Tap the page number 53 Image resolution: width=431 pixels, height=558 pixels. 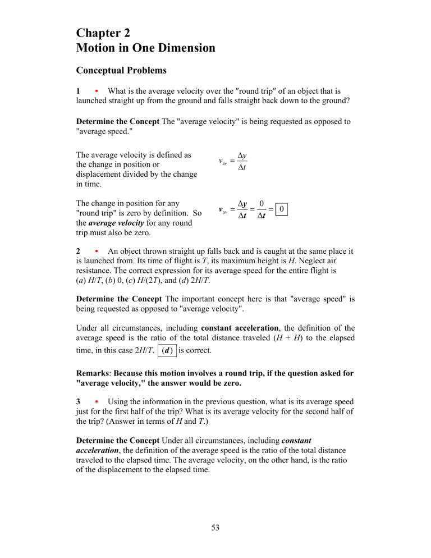pos(215,541)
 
